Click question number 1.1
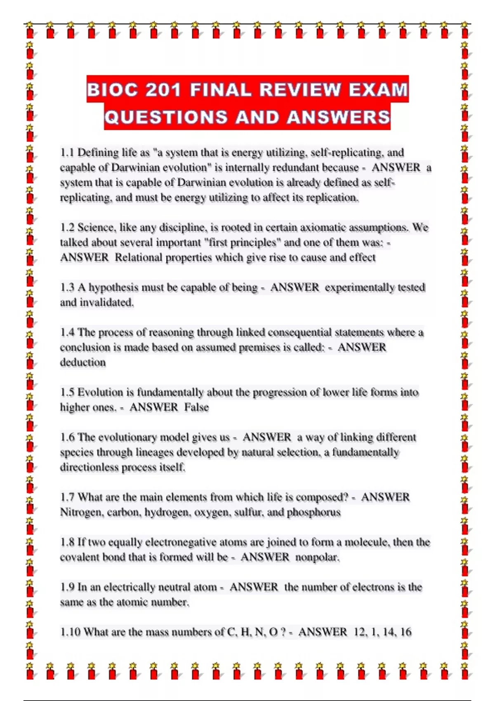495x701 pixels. pos(67,153)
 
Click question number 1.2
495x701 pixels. pos(67,228)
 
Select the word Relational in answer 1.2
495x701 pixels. pos(138,258)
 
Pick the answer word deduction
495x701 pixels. pos(83,362)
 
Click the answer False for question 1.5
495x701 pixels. pos(196,407)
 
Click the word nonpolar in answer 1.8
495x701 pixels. pos(317,558)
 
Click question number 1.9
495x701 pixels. pos(67,587)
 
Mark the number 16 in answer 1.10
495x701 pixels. pos(405,632)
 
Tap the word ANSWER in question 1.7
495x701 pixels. pos(385,497)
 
